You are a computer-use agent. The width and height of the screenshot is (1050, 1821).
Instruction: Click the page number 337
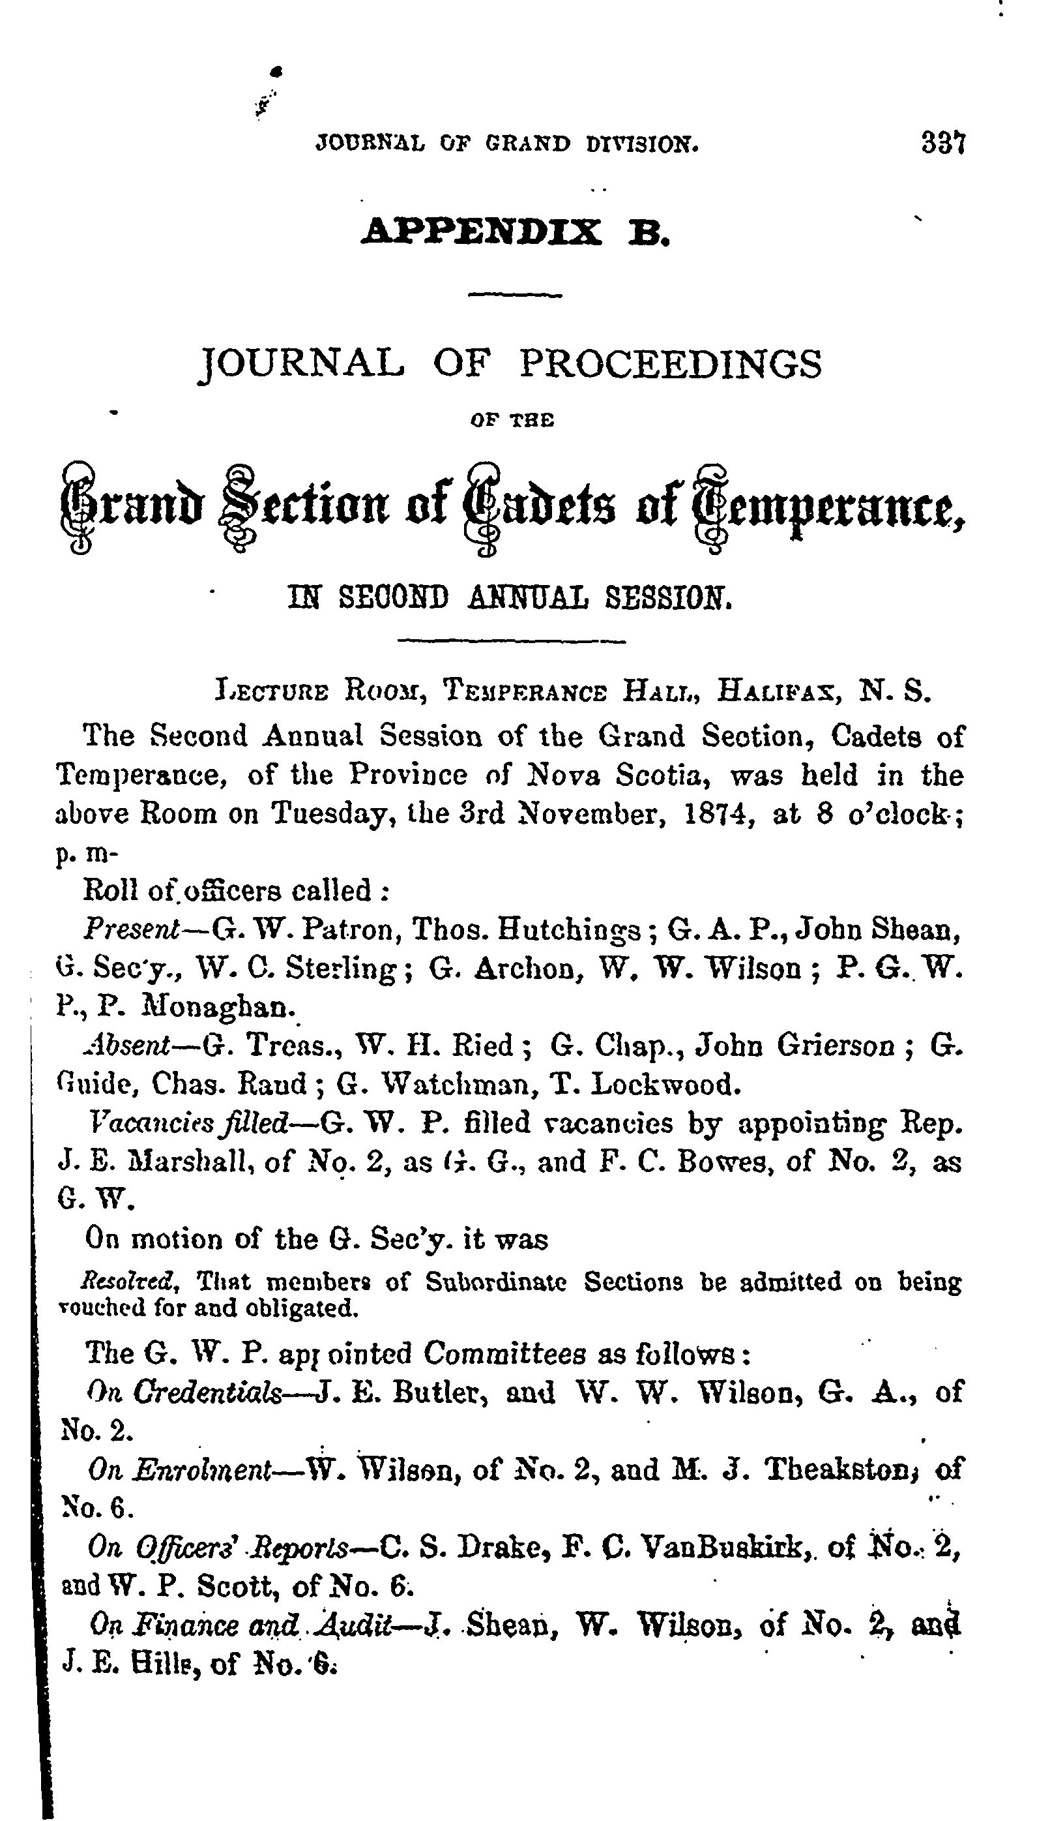click(x=942, y=142)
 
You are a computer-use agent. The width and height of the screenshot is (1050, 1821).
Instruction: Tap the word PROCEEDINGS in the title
click(x=670, y=365)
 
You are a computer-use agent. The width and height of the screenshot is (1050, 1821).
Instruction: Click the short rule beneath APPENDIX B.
click(x=515, y=295)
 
